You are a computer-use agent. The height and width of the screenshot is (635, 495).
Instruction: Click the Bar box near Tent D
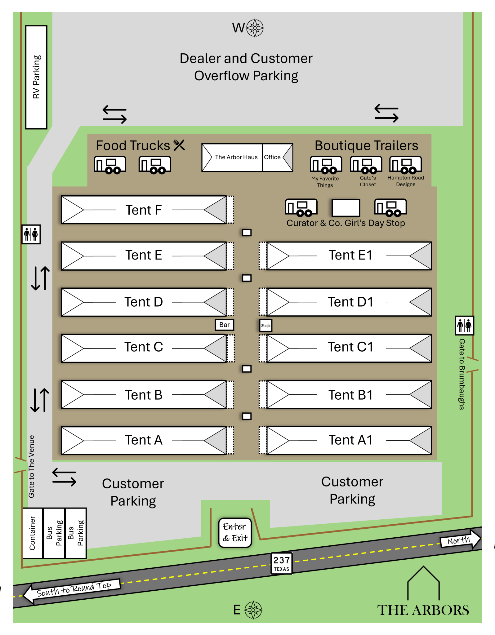coord(225,325)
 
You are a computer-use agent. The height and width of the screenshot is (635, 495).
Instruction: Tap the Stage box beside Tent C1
coord(265,325)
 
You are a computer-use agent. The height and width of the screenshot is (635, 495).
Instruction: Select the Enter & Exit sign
coord(235,532)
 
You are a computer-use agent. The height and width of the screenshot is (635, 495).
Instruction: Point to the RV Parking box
coord(36,77)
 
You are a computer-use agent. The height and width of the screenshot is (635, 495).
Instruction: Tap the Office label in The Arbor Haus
coord(272,157)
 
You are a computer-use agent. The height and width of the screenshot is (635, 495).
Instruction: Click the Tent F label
coord(144,210)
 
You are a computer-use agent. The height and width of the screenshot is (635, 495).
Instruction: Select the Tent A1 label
coord(350,440)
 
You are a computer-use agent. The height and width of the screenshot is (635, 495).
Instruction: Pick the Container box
coord(33,533)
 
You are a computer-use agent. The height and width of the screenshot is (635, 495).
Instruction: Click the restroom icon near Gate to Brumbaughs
coord(464,326)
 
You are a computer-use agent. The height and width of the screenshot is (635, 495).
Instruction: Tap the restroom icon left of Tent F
coord(31,234)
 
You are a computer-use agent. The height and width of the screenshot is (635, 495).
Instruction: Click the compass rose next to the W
coord(255,28)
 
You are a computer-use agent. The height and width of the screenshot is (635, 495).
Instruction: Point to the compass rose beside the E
coord(253,610)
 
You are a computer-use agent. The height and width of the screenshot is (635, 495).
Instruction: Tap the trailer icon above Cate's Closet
coord(366,165)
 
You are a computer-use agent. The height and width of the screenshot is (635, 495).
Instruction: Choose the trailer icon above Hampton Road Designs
coord(406,165)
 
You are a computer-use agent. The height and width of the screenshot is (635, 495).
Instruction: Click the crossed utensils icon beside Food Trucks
coord(179,145)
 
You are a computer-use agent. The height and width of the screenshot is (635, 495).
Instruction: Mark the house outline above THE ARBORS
coord(423,583)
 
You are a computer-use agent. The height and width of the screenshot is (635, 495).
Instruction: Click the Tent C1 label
coord(350,347)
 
